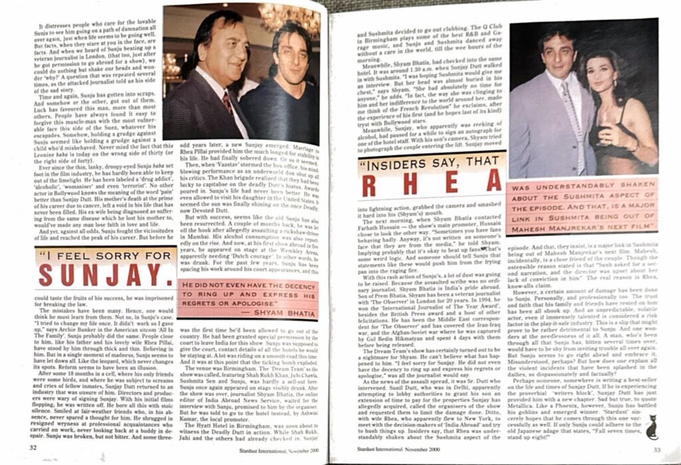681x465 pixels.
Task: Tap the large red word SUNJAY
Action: click(x=109, y=274)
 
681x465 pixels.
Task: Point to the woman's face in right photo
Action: click(x=601, y=74)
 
